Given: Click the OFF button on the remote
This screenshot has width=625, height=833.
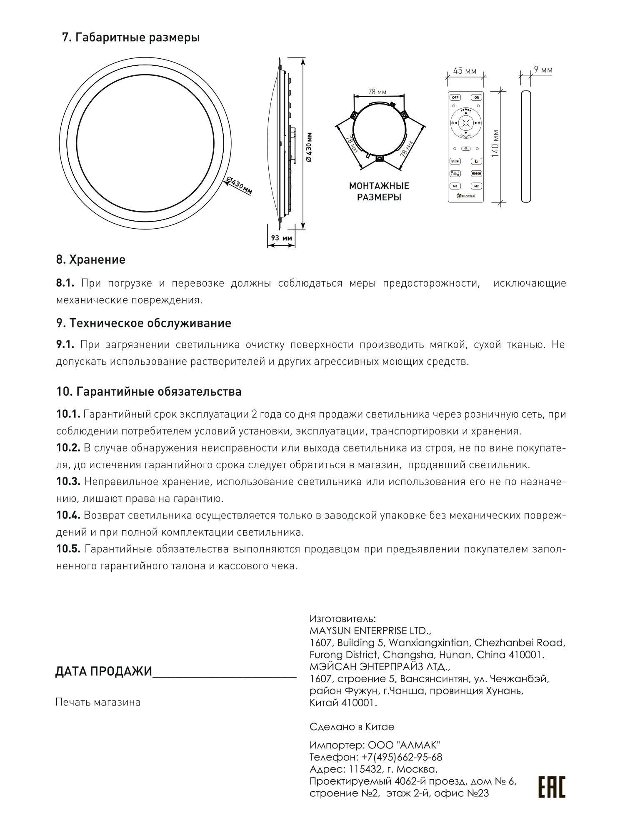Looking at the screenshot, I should click(x=455, y=97).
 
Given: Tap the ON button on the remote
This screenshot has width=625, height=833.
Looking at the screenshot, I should click(x=477, y=97).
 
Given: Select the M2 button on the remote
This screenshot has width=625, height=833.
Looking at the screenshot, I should click(x=477, y=186).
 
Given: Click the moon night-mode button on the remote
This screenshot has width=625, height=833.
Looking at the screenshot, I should click(x=477, y=161).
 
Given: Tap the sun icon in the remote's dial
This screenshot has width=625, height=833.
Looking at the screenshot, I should click(x=466, y=123).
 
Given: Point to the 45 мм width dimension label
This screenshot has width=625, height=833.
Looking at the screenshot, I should click(x=465, y=71).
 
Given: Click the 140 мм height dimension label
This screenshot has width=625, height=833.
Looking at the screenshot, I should click(x=495, y=143).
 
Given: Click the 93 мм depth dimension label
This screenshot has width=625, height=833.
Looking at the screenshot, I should click(x=281, y=238).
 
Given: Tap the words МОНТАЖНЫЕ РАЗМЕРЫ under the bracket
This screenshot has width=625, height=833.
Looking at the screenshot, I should click(x=379, y=191).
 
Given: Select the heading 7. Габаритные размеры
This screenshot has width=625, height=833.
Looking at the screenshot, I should click(x=131, y=37).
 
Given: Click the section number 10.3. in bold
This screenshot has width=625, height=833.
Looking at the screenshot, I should click(x=68, y=481).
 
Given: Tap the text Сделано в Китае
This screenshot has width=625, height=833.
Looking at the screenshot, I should click(x=352, y=727).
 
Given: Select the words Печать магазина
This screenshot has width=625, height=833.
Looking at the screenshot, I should click(x=98, y=702).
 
